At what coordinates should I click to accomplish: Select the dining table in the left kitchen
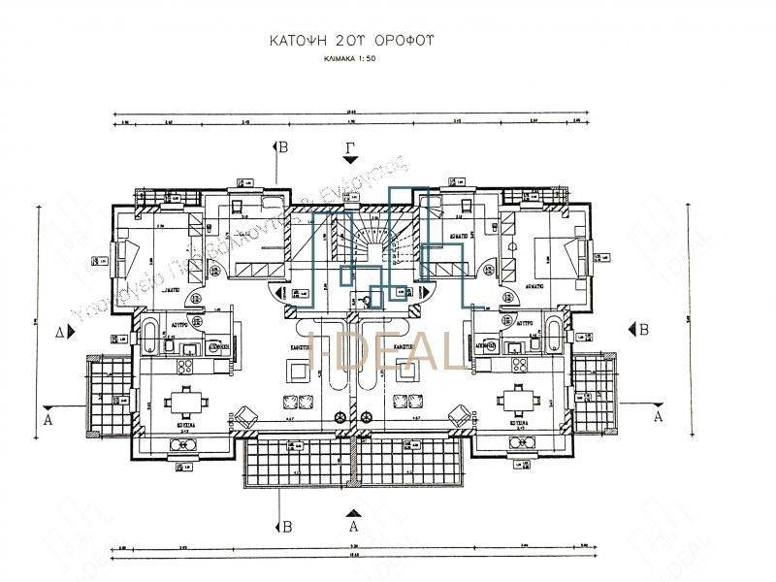coord(179,401)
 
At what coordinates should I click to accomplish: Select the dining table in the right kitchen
coord(515,401)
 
